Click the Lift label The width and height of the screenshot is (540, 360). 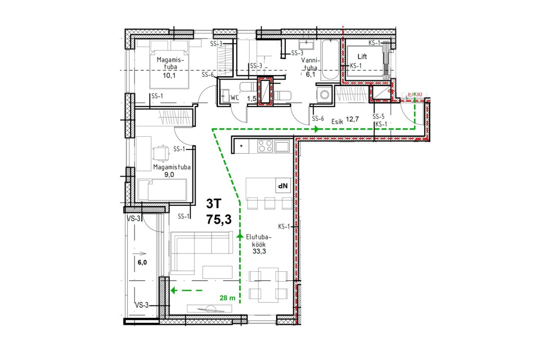[362, 57]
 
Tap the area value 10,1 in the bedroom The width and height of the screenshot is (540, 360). [169, 76]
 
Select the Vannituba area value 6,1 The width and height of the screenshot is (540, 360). [310, 74]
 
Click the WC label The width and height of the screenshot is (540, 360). [234, 97]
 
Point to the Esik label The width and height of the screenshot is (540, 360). [337, 122]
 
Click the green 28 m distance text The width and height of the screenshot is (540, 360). [227, 298]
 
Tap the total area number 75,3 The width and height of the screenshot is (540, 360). [219, 219]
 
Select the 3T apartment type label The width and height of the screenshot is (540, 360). [213, 204]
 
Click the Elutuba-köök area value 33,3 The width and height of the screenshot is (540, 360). [259, 251]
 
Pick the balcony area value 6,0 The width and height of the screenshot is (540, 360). [142, 263]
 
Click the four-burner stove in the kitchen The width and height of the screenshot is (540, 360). [265, 146]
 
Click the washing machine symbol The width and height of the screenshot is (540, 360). [324, 95]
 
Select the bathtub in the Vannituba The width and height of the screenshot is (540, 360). [330, 60]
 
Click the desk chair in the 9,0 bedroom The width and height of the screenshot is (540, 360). [161, 154]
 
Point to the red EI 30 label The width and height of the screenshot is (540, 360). [415, 94]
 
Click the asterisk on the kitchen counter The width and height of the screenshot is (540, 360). [241, 146]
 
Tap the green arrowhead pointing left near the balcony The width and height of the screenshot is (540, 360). [173, 290]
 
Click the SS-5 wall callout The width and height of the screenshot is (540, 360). [378, 117]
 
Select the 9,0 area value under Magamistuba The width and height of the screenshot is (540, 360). [169, 175]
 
